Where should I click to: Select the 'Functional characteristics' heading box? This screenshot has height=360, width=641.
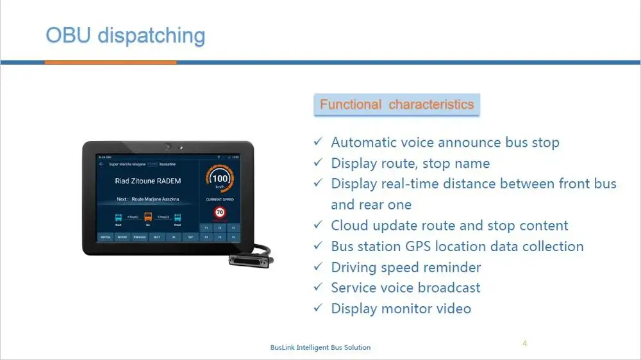click(x=397, y=104)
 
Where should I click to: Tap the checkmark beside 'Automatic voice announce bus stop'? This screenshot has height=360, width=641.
click(x=317, y=142)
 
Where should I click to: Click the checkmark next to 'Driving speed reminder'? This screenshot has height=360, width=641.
click(x=317, y=266)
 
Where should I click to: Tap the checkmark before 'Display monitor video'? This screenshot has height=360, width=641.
click(x=317, y=308)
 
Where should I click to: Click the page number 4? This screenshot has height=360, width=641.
click(x=524, y=343)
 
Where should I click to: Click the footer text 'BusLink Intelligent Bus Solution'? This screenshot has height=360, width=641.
click(x=320, y=347)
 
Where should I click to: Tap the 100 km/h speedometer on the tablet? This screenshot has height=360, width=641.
click(x=220, y=179)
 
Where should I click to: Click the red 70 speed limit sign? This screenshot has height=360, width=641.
click(x=219, y=212)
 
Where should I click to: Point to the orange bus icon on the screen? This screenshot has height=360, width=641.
click(x=148, y=218)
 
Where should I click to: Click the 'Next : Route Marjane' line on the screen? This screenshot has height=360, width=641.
click(x=147, y=199)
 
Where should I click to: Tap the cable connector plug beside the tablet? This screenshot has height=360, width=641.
click(x=251, y=259)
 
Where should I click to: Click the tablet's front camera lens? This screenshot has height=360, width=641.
click(x=167, y=147)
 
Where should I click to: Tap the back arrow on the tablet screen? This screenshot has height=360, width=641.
click(x=101, y=164)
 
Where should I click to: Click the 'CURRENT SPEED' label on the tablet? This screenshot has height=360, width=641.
click(x=220, y=200)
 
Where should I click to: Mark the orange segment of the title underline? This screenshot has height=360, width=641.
click(x=110, y=62)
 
